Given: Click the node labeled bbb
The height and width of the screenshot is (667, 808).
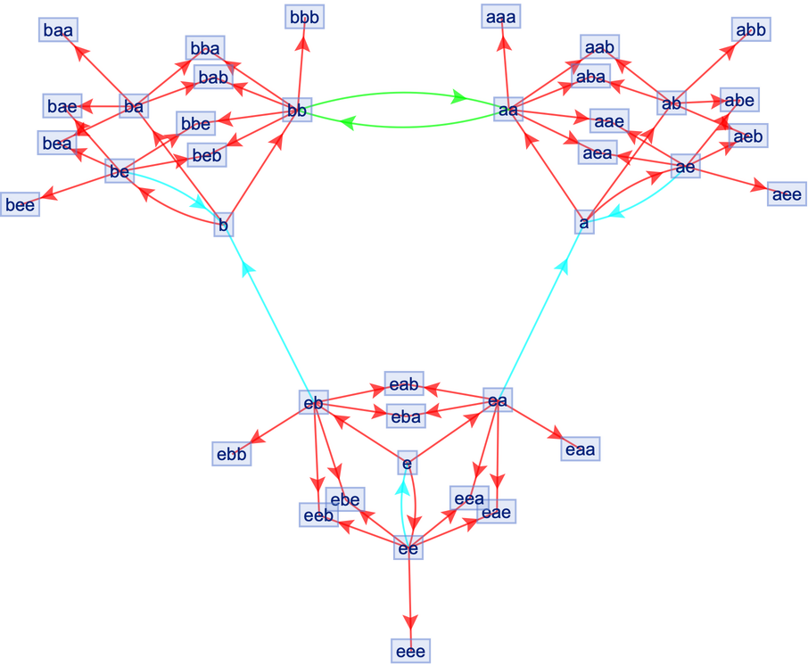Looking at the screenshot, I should pyautogui.click(x=304, y=16).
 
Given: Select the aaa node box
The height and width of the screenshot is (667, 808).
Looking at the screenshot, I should pyautogui.click(x=501, y=16).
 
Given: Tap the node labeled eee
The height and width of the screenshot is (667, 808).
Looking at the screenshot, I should pyautogui.click(x=410, y=652).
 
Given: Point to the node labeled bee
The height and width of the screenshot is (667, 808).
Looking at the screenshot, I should pyautogui.click(x=19, y=204).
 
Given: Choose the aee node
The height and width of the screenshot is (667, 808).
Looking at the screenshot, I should pyautogui.click(x=786, y=194).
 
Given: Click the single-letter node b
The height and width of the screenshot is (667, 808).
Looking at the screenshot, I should pyautogui.click(x=224, y=226).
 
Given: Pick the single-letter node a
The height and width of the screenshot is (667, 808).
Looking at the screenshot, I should pyautogui.click(x=584, y=222).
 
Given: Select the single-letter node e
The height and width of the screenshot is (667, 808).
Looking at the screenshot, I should pyautogui.click(x=407, y=463).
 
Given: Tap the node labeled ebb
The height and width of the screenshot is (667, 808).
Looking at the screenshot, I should pyautogui.click(x=231, y=453).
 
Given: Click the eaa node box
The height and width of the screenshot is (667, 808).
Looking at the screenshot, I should pyautogui.click(x=581, y=449).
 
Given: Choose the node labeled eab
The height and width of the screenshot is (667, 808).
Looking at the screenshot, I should pyautogui.click(x=403, y=383).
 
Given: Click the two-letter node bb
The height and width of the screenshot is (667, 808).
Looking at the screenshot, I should pyautogui.click(x=296, y=110).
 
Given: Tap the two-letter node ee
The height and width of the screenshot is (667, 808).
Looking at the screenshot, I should pyautogui.click(x=408, y=549).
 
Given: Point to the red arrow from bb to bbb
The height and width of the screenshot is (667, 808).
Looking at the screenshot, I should pyautogui.click(x=301, y=62).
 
